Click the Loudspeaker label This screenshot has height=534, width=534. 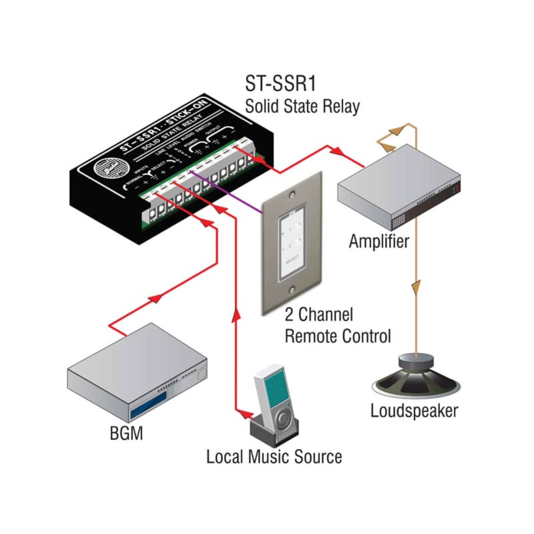[414, 411]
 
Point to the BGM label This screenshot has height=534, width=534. [126, 433]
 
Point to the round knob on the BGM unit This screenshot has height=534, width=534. [202, 375]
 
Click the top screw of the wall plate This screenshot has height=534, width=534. [292, 195]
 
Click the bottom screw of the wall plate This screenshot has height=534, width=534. [292, 290]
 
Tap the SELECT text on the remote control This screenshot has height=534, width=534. [292, 260]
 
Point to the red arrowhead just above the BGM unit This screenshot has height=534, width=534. [155, 299]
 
